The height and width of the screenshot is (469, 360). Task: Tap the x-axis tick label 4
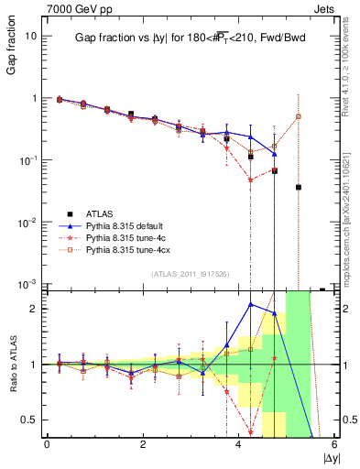239,445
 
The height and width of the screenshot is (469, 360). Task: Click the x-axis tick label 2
143,445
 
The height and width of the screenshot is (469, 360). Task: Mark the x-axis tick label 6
334,445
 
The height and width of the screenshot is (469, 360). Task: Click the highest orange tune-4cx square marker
299,116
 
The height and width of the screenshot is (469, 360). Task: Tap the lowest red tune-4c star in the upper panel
250,180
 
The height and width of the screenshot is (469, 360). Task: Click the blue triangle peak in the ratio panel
250,304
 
